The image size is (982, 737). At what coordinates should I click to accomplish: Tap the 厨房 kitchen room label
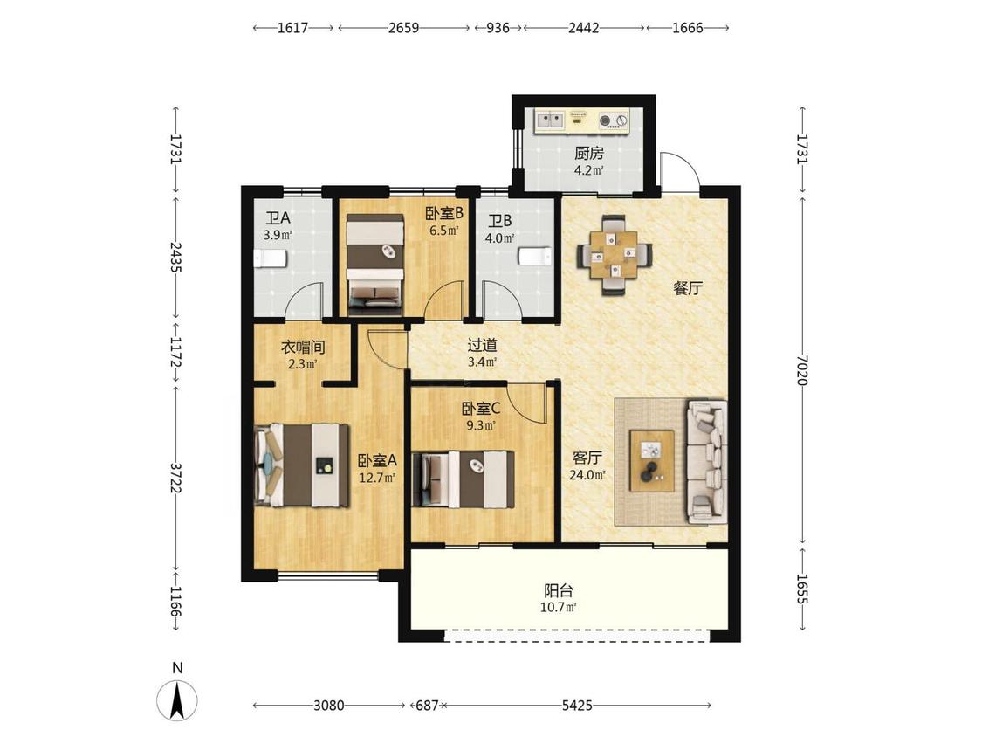coord(588,153)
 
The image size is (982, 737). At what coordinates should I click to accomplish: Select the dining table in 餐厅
coord(615,254)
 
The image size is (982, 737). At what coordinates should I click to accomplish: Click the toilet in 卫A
coord(271,258)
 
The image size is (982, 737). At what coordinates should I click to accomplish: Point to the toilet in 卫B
coord(535,257)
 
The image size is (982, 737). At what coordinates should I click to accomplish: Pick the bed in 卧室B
coord(375,265)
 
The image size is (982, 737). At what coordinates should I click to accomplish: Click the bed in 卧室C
coord(464,479)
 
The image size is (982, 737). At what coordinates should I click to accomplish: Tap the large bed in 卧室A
coord(302,465)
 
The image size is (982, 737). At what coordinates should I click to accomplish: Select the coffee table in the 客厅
coord(652,461)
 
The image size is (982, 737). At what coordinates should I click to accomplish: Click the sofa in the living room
coord(706,461)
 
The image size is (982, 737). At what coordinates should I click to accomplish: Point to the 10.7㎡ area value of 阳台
coord(558,607)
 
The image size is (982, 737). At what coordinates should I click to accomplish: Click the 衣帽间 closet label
coord(303,348)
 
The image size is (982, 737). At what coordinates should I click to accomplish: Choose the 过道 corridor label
coord(482,345)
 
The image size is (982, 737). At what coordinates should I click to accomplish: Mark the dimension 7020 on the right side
coord(802,369)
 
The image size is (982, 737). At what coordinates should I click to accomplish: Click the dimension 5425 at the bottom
coord(577,706)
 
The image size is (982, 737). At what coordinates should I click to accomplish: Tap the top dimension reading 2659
coord(403,28)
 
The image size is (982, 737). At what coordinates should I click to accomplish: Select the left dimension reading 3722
coord(176,479)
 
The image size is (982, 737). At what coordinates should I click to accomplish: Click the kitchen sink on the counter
coord(549,119)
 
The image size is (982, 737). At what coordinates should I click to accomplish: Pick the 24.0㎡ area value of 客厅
coord(587,475)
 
